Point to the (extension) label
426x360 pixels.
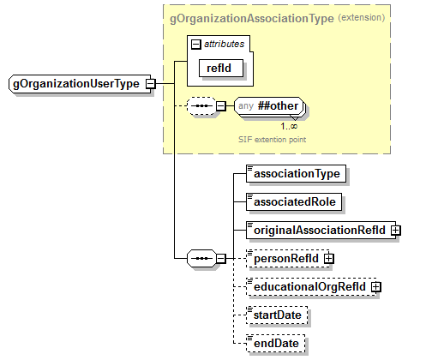click(x=361, y=17)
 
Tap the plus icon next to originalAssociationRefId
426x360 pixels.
click(x=396, y=230)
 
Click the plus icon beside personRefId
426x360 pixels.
click(x=329, y=258)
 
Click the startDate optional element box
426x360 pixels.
click(x=277, y=315)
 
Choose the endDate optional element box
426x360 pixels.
click(x=274, y=344)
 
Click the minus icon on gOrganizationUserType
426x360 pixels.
click(x=151, y=84)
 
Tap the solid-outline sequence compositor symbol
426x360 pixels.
click(x=199, y=258)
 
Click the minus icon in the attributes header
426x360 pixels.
click(x=196, y=42)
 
